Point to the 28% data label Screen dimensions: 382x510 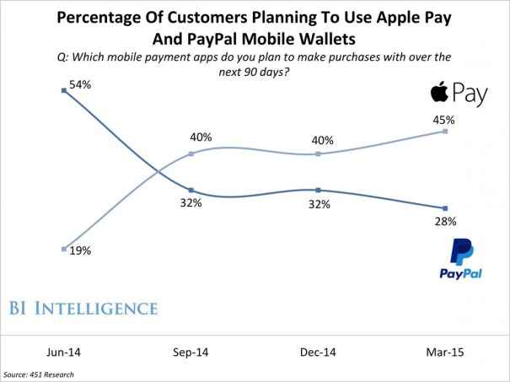(445, 222)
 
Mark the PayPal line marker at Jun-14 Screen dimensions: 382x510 (65, 90)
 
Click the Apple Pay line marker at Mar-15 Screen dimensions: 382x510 (445, 132)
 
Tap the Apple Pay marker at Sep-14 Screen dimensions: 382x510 (191, 153)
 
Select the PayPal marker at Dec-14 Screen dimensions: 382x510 (318, 190)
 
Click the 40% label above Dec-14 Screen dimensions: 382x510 (323, 141)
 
